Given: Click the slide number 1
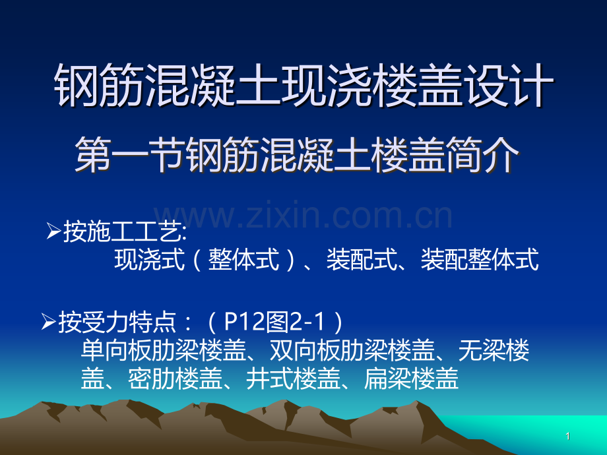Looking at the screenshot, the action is click(568, 437).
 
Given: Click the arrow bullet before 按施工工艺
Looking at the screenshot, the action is click(53, 231).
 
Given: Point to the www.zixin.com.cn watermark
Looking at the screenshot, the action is click(303, 215).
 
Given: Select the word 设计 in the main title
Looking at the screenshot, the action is click(510, 85).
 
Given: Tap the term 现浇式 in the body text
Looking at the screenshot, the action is click(149, 259).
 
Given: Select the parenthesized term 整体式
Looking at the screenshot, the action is click(243, 259).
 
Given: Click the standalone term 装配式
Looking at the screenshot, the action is click(362, 259).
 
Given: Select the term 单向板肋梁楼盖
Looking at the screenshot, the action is click(164, 350).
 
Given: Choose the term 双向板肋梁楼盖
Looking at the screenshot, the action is click(352, 350).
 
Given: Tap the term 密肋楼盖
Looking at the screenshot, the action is click(175, 378).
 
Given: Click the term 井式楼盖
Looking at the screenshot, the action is click(293, 378).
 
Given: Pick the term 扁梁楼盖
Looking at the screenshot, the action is click(411, 378).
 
